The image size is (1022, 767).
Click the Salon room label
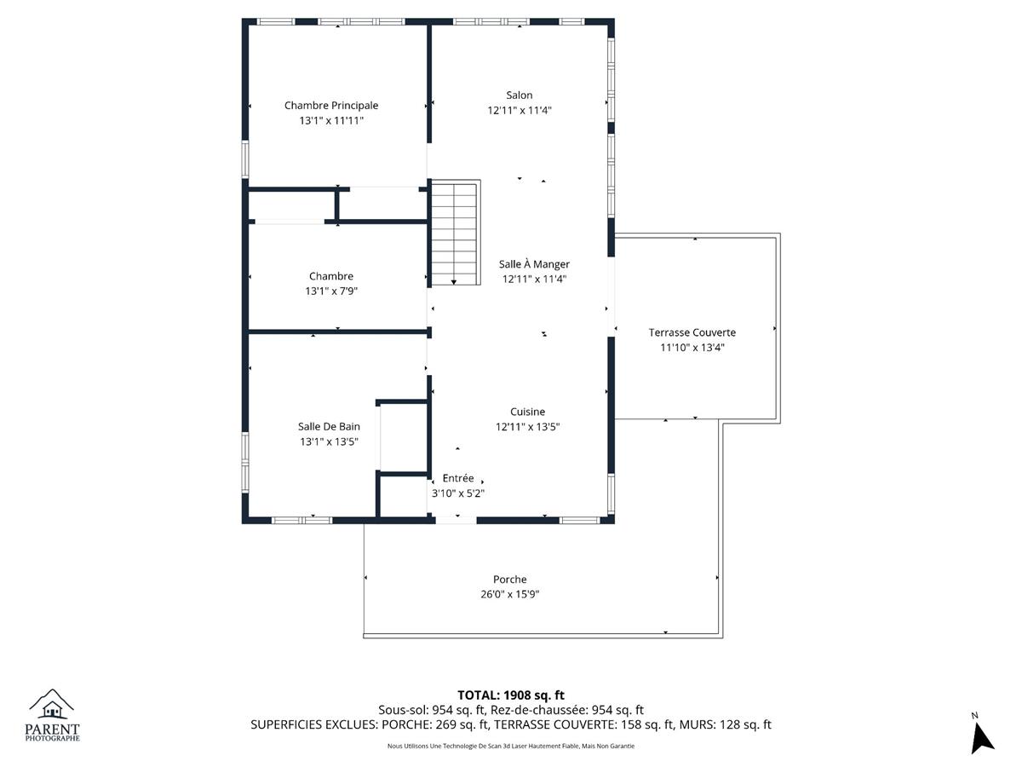(520, 95)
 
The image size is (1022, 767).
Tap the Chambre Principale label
(331, 106)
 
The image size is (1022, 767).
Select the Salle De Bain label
(329, 427)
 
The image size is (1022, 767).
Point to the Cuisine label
(527, 412)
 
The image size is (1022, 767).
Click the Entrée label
(458, 478)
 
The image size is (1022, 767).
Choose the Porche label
(510, 580)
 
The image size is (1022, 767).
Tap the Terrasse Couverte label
(692, 332)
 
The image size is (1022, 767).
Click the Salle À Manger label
(534, 264)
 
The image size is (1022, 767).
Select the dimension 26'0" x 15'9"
(510, 594)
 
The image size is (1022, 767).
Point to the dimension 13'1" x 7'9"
(331, 291)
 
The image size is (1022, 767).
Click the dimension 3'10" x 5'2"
(458, 493)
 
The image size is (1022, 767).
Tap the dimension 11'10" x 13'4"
(692, 348)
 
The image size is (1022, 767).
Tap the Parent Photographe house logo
(52, 704)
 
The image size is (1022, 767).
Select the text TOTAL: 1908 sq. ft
(511, 695)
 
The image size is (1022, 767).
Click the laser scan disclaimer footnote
(511, 746)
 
